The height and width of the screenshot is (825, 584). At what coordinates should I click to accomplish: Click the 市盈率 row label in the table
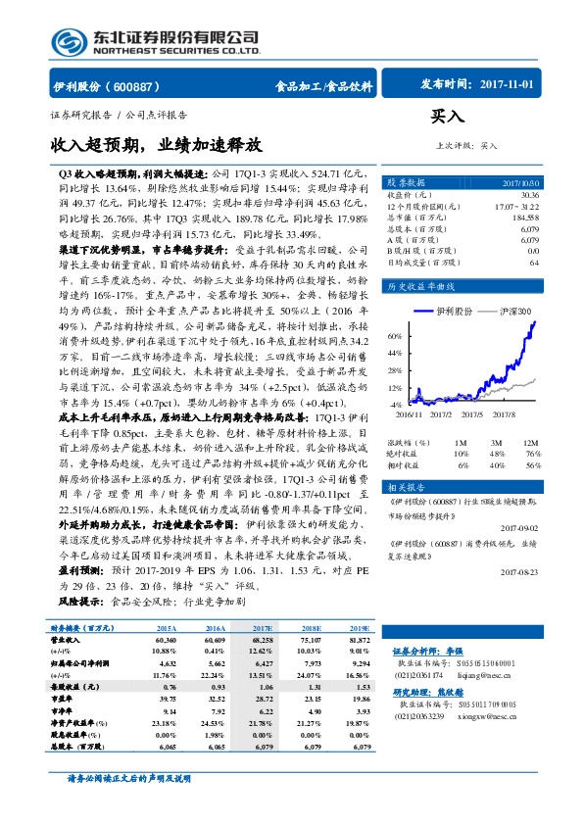click(66, 711)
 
